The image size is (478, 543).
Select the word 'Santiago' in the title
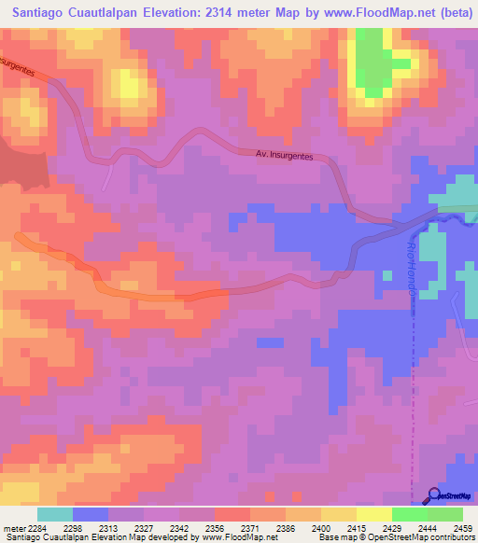43,12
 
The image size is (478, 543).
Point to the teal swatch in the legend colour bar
55,514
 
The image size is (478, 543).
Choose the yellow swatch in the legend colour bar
374,514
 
